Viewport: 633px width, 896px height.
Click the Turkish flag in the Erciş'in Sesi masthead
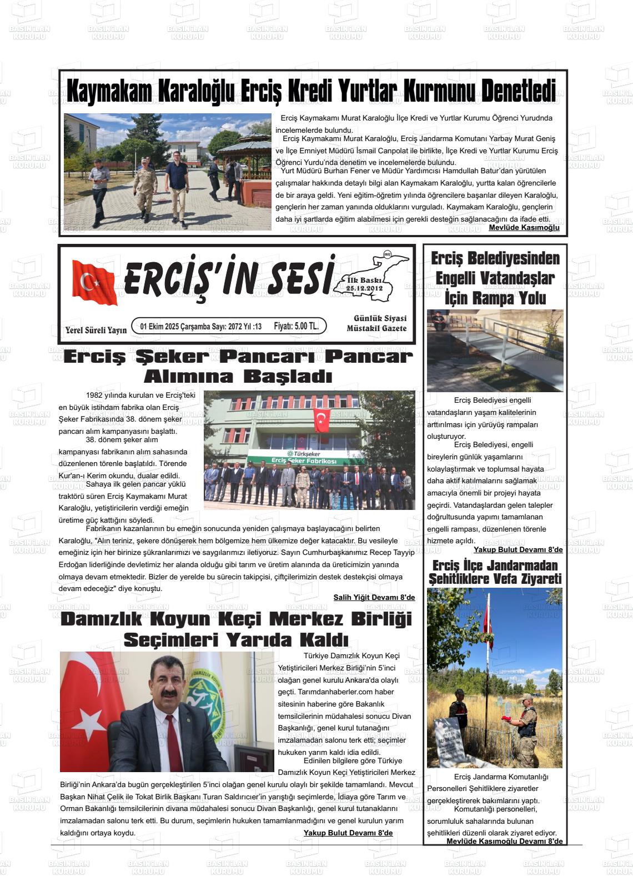tap(94, 283)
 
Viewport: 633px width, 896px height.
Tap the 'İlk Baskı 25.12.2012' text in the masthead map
tap(364, 284)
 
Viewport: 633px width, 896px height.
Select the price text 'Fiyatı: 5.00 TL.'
tap(296, 326)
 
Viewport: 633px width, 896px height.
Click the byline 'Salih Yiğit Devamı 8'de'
tap(374, 597)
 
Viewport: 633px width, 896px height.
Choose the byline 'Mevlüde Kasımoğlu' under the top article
tap(524, 228)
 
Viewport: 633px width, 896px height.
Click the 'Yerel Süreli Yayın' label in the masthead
tap(96, 330)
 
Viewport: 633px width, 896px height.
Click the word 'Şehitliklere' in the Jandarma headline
tap(460, 579)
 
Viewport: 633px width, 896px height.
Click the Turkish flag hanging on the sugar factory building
tap(321, 421)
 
